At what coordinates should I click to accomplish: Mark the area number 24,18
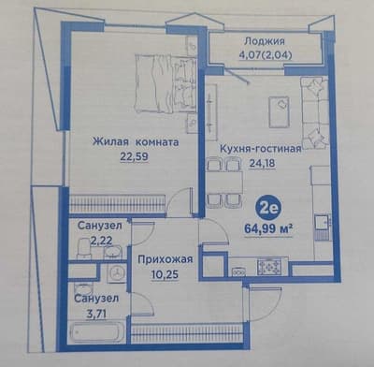coord(260,161)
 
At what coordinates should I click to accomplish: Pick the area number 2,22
coord(98,242)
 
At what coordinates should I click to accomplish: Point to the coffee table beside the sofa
coord(278,111)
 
